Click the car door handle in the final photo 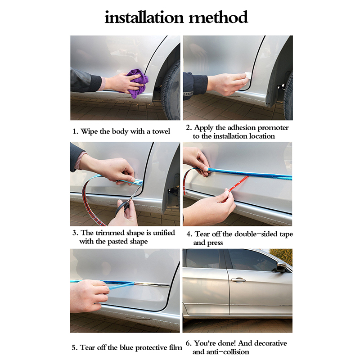tap(238, 279)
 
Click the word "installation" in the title tap(144, 17)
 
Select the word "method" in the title tap(218, 17)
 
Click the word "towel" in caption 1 tap(161, 131)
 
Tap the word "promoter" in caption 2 tap(273, 128)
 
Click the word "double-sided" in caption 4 tap(259, 234)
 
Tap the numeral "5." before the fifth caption tap(75, 347)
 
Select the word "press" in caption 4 tap(215, 243)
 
